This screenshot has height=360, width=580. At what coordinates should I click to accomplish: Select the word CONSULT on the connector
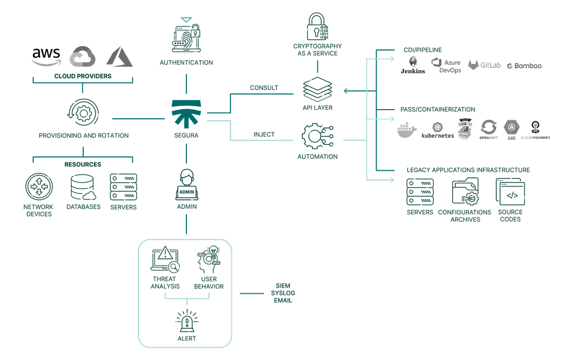coord(263,88)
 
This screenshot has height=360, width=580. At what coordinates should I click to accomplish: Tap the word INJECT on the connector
coord(264,135)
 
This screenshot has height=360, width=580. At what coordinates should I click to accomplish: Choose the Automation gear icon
coord(317,137)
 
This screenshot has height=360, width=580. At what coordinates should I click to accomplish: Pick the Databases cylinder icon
coord(83,187)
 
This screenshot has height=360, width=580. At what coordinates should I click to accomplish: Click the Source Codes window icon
coord(510,192)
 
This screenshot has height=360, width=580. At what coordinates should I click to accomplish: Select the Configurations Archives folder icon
coord(465,191)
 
